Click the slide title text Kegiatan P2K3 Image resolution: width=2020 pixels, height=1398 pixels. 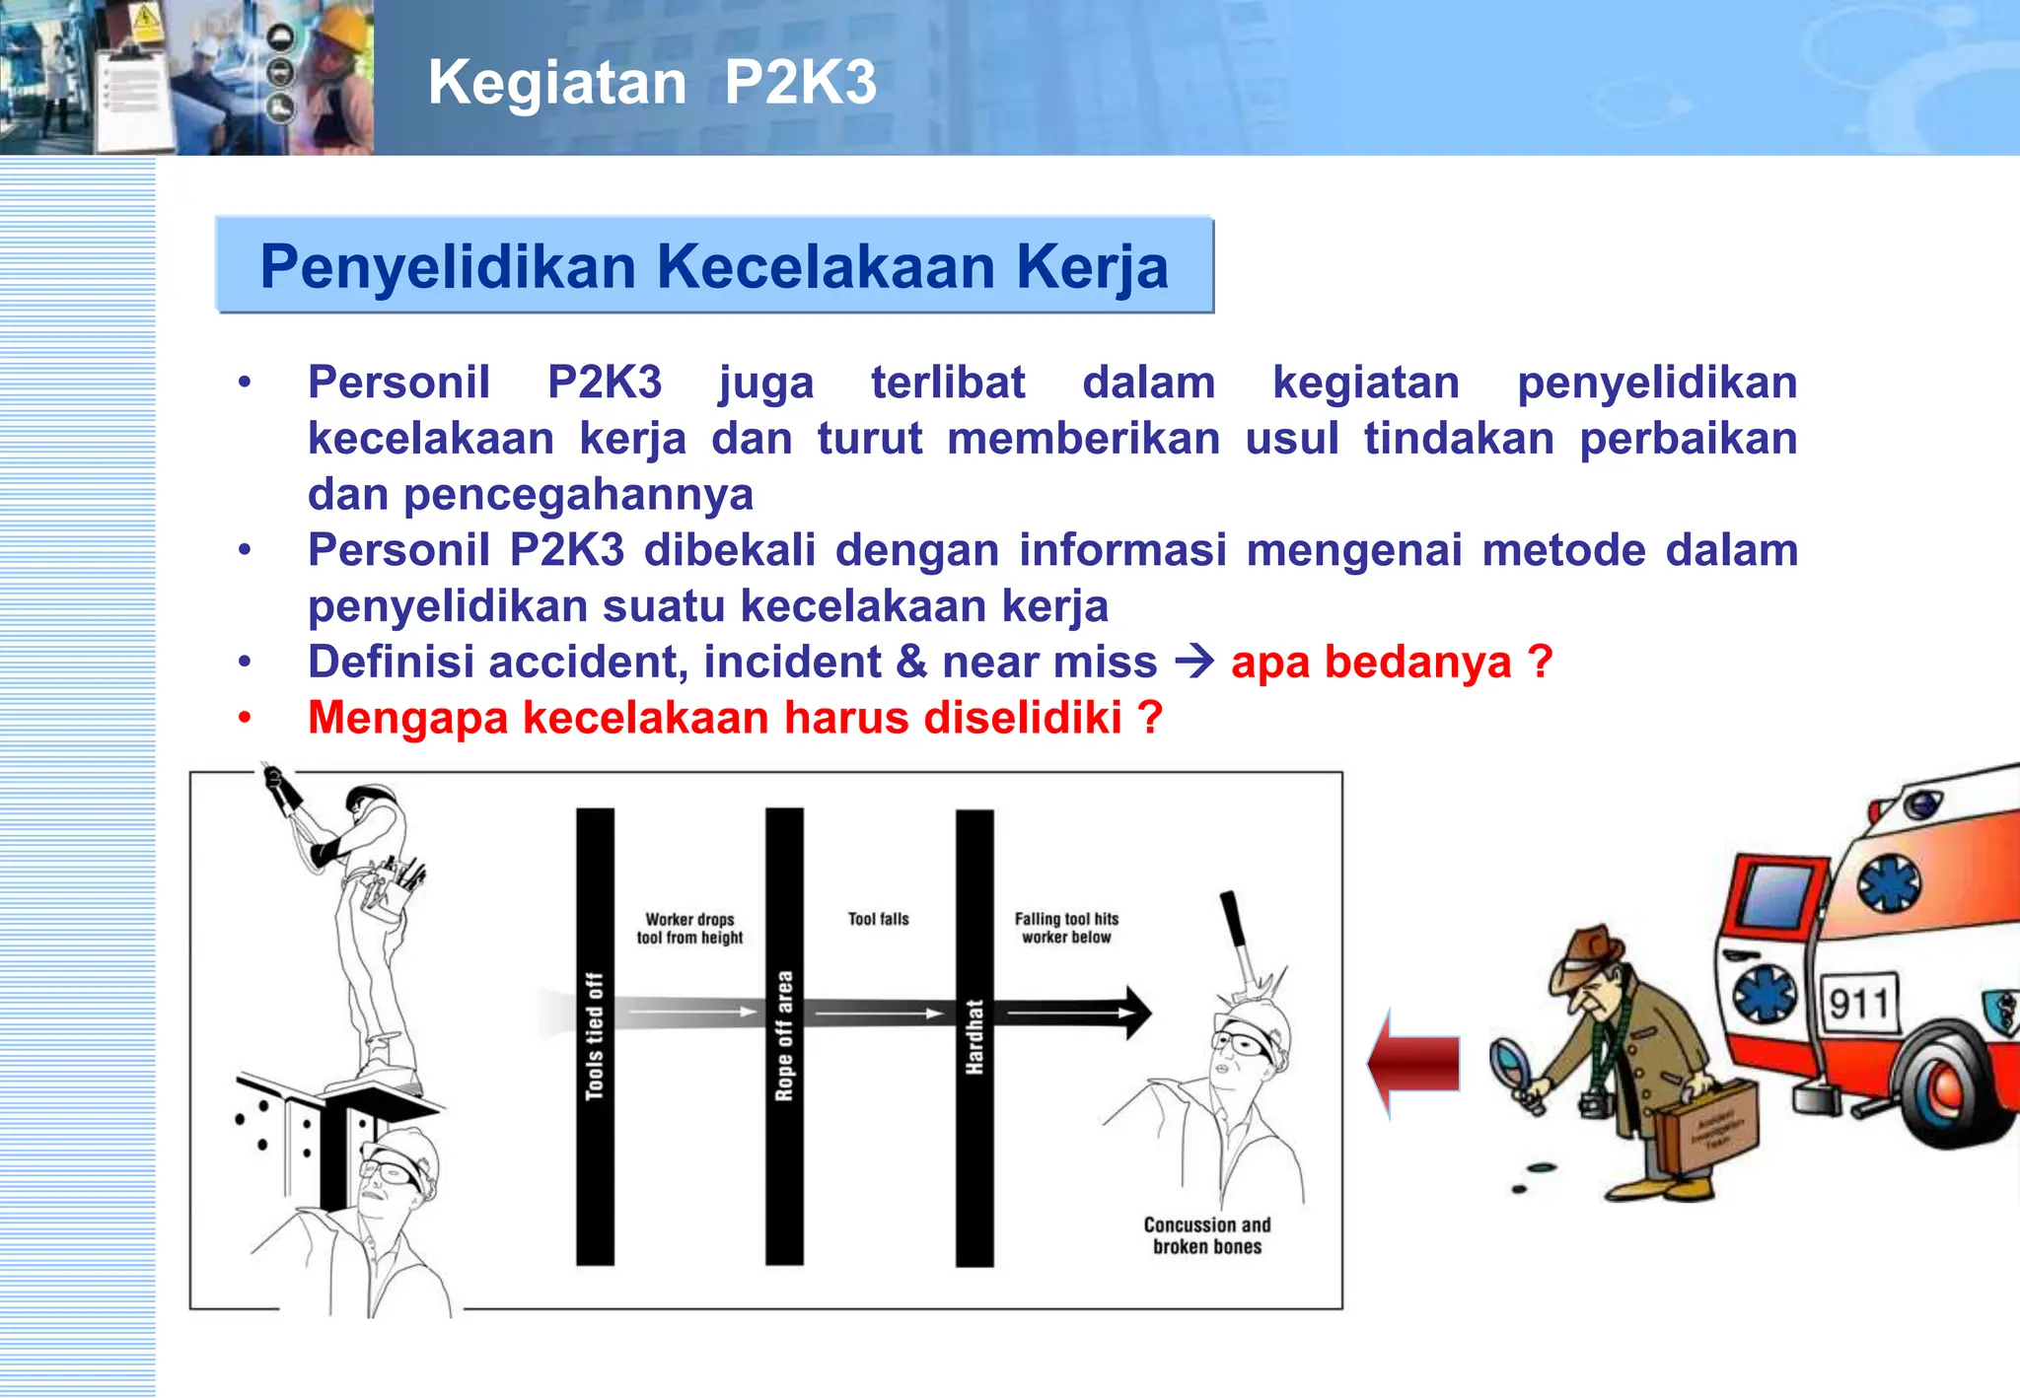tap(652, 82)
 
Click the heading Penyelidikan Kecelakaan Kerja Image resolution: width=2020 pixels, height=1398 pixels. tap(714, 266)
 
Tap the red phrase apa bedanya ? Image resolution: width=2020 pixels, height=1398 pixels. tap(1391, 662)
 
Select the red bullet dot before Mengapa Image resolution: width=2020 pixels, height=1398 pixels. tap(245, 718)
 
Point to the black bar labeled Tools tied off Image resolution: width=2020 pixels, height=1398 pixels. tap(595, 1035)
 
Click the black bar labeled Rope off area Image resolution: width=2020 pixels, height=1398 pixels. tap(784, 1035)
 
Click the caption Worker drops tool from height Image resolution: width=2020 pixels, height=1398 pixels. tap(689, 928)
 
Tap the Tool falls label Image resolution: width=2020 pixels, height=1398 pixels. tap(878, 919)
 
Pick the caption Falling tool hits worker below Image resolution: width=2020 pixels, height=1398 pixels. tap(1066, 927)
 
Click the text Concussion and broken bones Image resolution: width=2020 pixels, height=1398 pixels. tap(1206, 1235)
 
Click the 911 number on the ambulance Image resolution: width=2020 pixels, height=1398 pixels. tap(1858, 1004)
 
